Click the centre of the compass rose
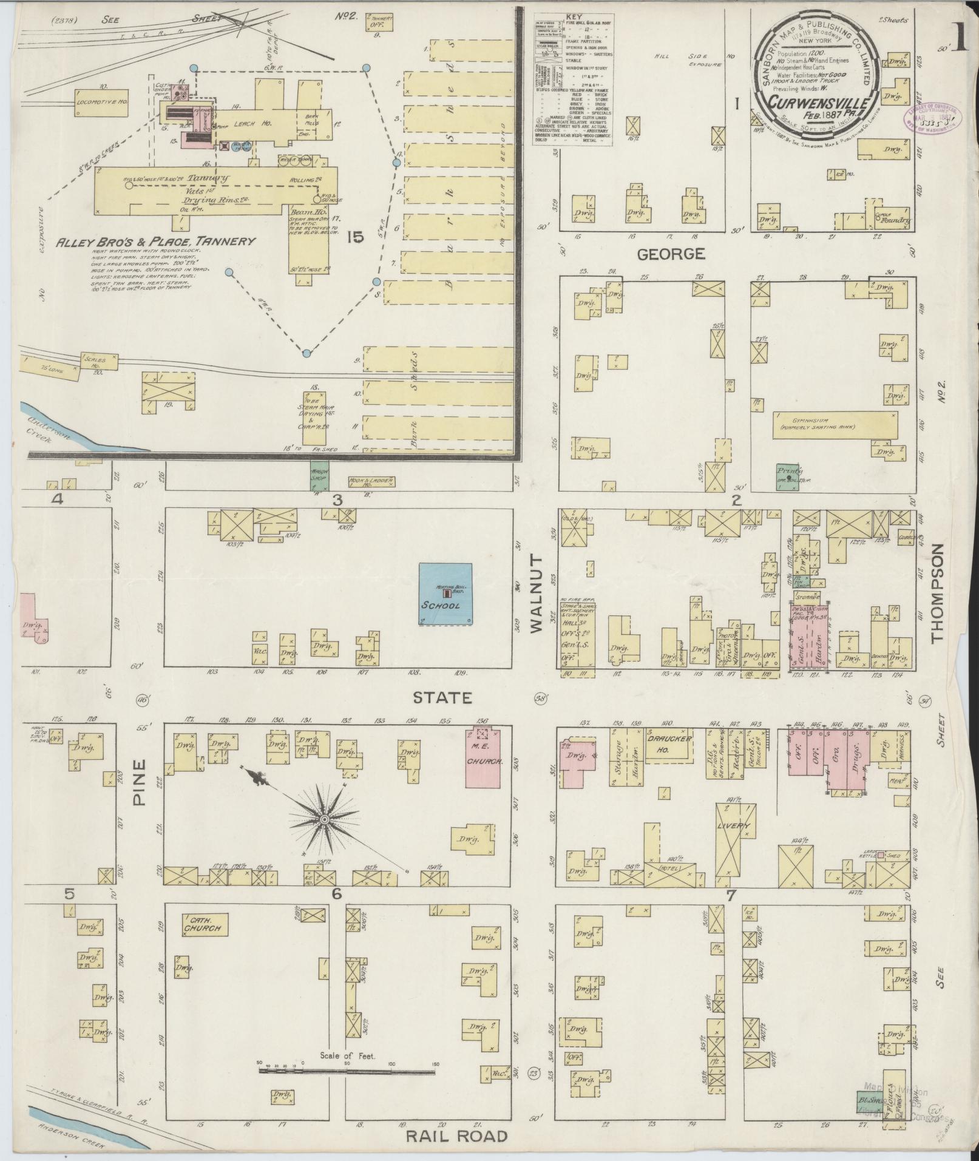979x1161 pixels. [x=324, y=821]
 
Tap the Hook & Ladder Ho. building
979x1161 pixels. [x=371, y=481]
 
